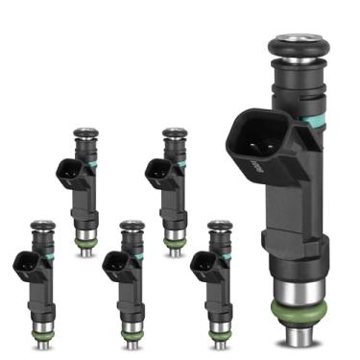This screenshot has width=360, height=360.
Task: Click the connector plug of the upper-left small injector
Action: [x=68, y=173]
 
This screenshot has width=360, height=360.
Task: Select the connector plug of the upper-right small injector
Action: [x=156, y=172]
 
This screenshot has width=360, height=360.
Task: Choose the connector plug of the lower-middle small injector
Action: [x=114, y=265]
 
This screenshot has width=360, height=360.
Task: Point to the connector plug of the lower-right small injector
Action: [x=203, y=265]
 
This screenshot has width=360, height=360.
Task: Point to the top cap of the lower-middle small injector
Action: [x=132, y=226]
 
